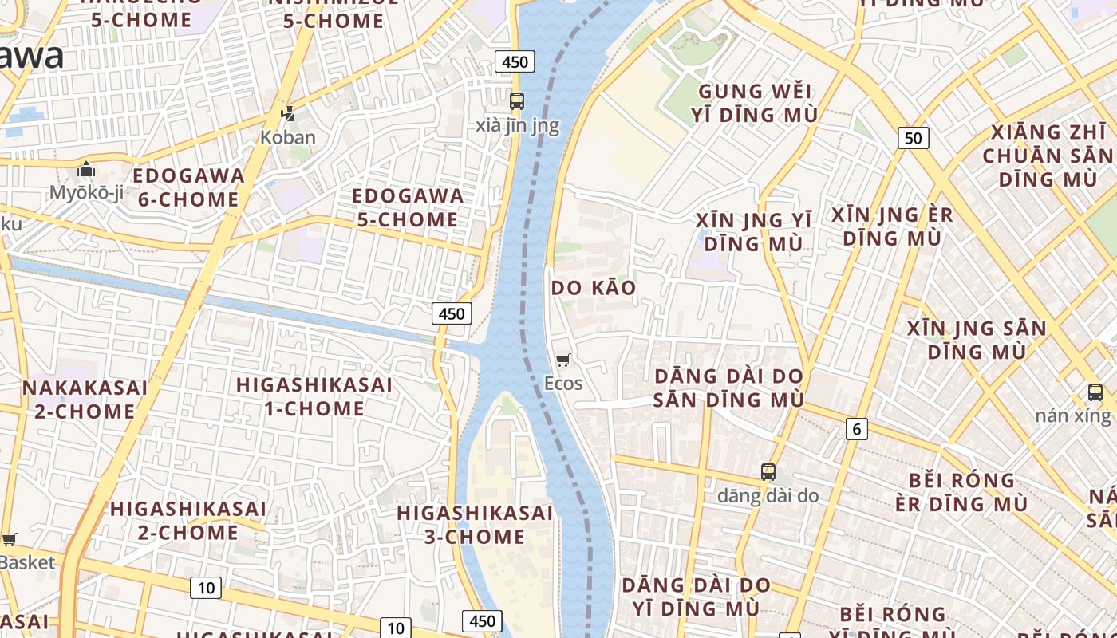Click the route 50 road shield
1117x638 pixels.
[913, 138]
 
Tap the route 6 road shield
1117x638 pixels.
[856, 429]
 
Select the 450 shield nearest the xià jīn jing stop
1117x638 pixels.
[514, 61]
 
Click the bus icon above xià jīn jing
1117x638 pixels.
[517, 101]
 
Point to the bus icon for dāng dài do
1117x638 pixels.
[768, 472]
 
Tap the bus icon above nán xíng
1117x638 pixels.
[1095, 392]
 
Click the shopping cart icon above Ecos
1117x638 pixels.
[563, 360]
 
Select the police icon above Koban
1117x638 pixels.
[287, 114]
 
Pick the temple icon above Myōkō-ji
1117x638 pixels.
[85, 170]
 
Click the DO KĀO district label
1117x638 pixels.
[594, 288]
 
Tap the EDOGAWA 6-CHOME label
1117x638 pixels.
[188, 187]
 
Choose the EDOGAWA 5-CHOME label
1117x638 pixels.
[407, 207]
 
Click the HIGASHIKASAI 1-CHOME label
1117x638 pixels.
[314, 396]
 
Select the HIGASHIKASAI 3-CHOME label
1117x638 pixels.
[474, 524]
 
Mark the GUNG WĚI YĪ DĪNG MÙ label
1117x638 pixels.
[755, 103]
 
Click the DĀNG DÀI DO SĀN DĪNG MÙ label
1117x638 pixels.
[728, 388]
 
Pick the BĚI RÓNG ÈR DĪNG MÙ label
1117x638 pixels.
[961, 492]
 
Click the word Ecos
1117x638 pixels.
[563, 384]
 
